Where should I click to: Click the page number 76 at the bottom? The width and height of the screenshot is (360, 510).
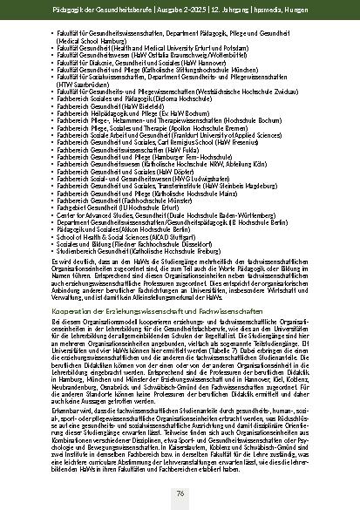click(180, 493)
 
